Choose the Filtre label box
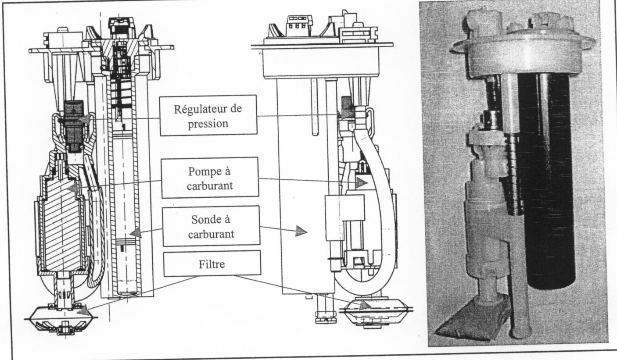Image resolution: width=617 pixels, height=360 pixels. coord(211,263)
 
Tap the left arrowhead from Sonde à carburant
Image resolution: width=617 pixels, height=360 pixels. coord(136,233)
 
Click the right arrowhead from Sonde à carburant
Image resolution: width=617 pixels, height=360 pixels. coord(301,231)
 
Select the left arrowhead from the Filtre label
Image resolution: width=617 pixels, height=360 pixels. coord(83,310)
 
